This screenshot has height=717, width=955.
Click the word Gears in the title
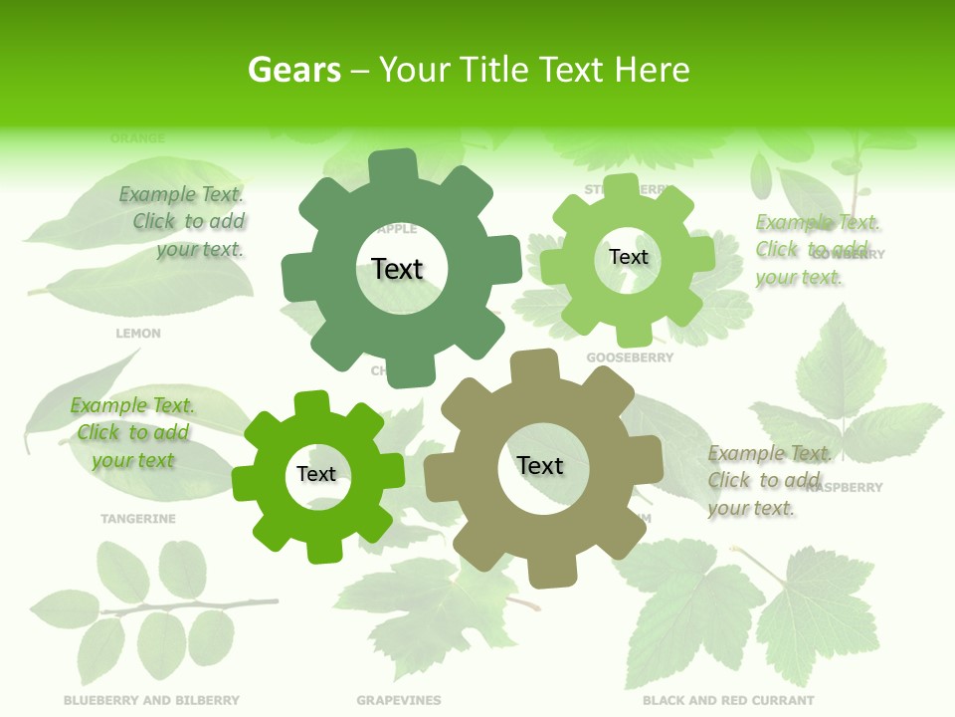click(292, 70)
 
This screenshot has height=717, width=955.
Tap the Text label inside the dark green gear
click(397, 269)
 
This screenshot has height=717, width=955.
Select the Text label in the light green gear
click(628, 257)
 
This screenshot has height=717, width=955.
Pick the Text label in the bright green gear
click(316, 474)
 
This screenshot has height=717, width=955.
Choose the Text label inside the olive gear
click(540, 465)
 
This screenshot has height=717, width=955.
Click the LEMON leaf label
click(138, 334)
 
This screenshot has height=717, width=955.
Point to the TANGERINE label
click(138, 519)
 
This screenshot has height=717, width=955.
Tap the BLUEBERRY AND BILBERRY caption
click(151, 700)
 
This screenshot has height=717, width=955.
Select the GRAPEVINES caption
click(399, 700)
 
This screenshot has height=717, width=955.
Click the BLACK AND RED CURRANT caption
click(728, 700)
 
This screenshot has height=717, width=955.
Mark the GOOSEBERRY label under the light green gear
click(630, 358)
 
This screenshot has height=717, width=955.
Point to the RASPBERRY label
click(846, 488)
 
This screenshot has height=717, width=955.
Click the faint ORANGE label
click(138, 138)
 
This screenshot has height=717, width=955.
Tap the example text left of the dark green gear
click(183, 222)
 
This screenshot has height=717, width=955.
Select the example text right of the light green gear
click(817, 249)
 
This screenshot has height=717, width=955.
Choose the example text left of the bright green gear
click(132, 433)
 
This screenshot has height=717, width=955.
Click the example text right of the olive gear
click(769, 481)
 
